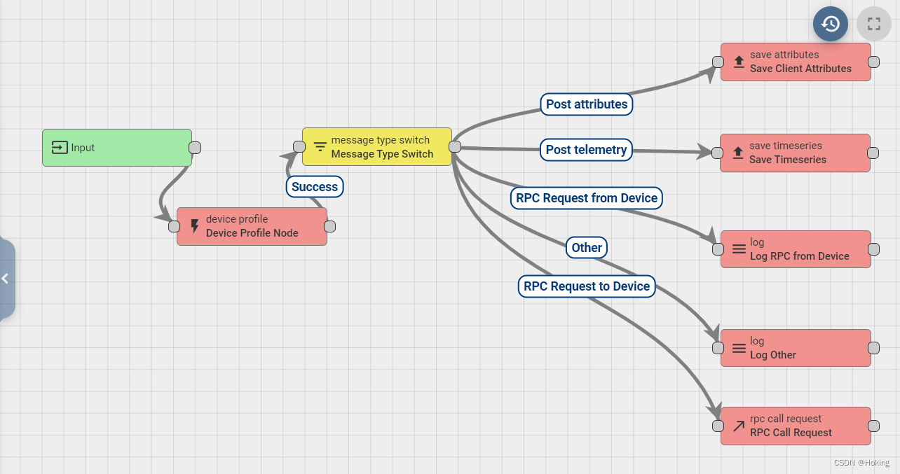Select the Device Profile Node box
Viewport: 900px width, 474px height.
(x=252, y=226)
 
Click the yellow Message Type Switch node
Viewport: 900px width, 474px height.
(x=376, y=147)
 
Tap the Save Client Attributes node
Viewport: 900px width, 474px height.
(x=796, y=62)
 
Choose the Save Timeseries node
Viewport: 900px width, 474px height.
(x=795, y=153)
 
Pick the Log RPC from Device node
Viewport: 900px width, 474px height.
(x=796, y=249)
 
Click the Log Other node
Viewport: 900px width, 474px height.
(x=796, y=348)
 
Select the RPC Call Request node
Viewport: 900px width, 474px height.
(x=796, y=426)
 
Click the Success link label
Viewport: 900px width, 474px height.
(x=315, y=187)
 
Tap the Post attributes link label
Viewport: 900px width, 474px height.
(x=587, y=104)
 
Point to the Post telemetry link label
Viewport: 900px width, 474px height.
(x=586, y=150)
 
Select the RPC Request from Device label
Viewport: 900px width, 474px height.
(x=587, y=198)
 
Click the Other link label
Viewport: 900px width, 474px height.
(x=587, y=248)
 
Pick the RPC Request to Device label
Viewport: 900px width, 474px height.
(x=587, y=286)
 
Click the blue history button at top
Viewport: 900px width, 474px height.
(x=831, y=24)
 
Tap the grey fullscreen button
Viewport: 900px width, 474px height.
(x=873, y=24)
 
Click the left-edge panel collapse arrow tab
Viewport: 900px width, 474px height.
(x=6, y=279)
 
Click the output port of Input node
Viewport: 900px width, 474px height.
(x=195, y=148)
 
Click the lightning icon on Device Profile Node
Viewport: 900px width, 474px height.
(x=195, y=226)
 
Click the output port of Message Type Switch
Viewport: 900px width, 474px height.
(x=454, y=146)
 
